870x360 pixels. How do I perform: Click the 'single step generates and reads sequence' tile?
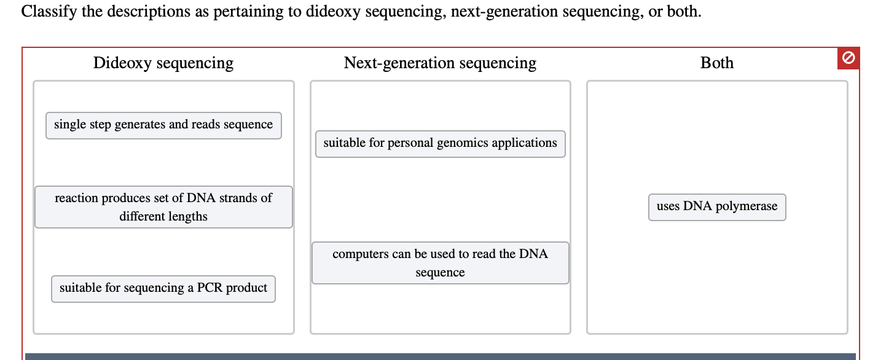[163, 125]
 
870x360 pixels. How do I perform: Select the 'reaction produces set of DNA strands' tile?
[163, 207]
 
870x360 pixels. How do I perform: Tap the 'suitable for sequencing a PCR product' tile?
[163, 289]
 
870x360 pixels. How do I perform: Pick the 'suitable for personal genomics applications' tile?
[440, 144]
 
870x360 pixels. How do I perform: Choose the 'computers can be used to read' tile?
[440, 263]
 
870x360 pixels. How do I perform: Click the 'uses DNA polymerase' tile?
[717, 207]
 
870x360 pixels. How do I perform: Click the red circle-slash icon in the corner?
[848, 58]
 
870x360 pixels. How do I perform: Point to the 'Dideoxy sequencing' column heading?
[163, 63]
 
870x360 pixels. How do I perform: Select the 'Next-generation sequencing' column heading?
[440, 63]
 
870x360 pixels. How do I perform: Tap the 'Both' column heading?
[717, 63]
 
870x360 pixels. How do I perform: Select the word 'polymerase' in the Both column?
[747, 206]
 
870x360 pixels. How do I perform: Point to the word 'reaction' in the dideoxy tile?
[77, 198]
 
